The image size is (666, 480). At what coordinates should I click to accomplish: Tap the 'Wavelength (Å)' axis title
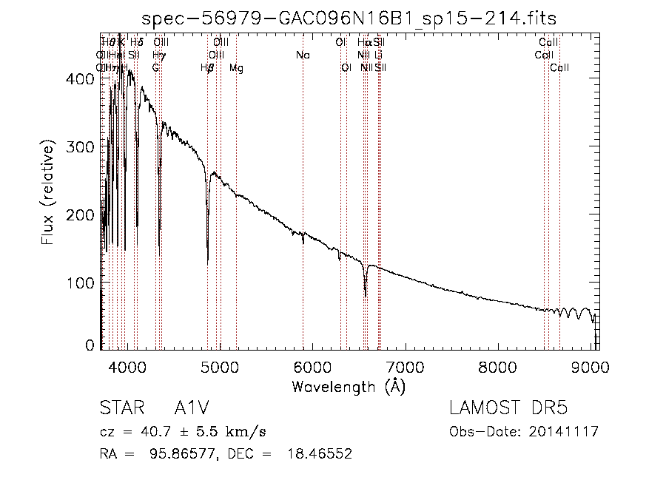click(349, 386)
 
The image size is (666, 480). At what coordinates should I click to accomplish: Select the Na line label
click(303, 55)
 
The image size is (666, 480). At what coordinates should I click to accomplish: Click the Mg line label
click(236, 68)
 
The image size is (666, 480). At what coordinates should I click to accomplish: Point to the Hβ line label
click(207, 68)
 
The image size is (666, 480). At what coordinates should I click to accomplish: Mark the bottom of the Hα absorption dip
click(366, 295)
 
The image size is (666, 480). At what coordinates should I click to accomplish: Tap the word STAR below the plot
click(118, 408)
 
